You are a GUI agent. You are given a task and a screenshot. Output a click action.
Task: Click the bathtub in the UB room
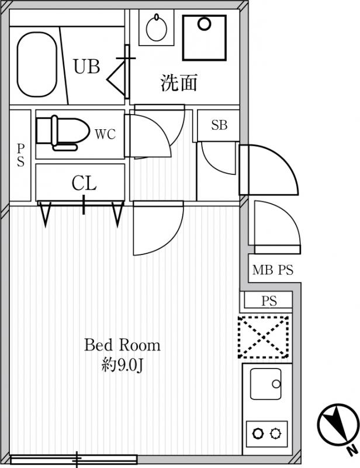[37, 64]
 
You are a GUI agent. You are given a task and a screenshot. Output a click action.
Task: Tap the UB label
[87, 67]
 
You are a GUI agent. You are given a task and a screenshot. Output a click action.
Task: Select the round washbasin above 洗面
[156, 27]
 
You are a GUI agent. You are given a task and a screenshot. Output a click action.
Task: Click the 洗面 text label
[179, 82]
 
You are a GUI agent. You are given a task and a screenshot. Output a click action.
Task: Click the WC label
[105, 135]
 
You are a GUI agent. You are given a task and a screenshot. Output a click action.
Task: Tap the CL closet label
[84, 183]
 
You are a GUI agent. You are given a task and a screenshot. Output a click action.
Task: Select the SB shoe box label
[219, 125]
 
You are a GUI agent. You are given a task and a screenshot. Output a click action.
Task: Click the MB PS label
[273, 270]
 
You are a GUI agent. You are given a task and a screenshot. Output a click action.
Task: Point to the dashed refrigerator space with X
[264, 337]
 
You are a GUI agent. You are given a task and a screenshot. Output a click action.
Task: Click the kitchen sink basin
[266, 384]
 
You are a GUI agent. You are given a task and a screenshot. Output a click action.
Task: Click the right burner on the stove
[275, 433]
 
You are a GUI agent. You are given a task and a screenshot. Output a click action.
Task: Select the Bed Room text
[122, 345]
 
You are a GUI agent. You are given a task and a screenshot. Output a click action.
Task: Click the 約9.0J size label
[122, 365]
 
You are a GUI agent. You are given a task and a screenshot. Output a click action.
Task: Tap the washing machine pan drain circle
[205, 24]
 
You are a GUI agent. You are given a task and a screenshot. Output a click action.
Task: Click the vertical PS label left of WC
[20, 155]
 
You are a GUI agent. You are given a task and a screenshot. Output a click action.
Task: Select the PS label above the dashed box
[269, 301]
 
